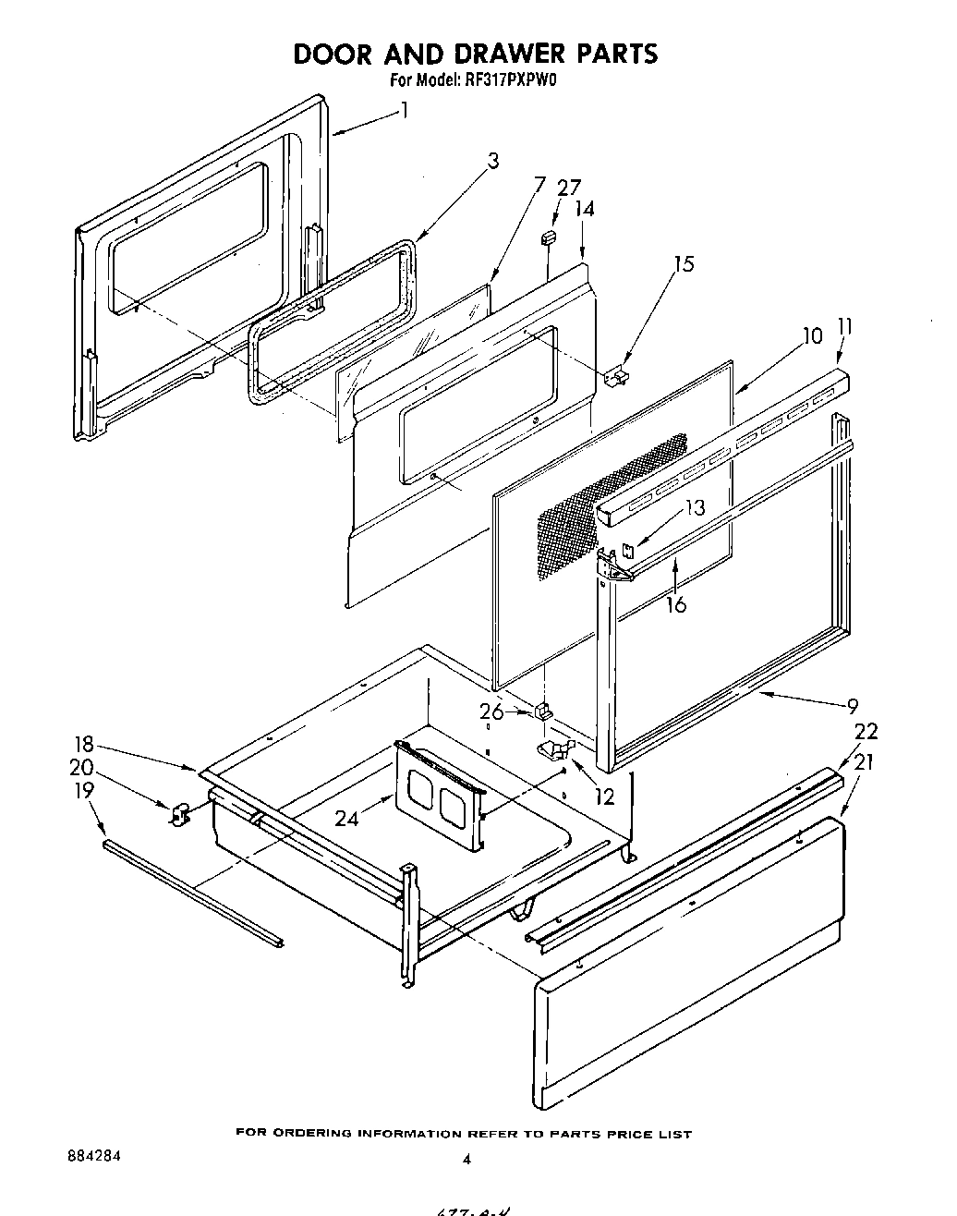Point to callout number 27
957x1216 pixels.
(x=569, y=187)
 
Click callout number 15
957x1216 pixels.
(x=683, y=264)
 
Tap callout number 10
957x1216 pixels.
(x=812, y=335)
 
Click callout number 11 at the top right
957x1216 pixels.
(x=844, y=327)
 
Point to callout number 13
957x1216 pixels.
(x=695, y=506)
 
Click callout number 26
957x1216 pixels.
(x=492, y=711)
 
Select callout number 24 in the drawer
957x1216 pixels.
(x=345, y=818)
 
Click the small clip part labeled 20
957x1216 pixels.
(x=179, y=814)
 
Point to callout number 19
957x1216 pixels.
(x=84, y=790)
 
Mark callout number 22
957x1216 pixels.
(x=866, y=731)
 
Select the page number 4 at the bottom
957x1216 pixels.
(x=466, y=1160)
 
